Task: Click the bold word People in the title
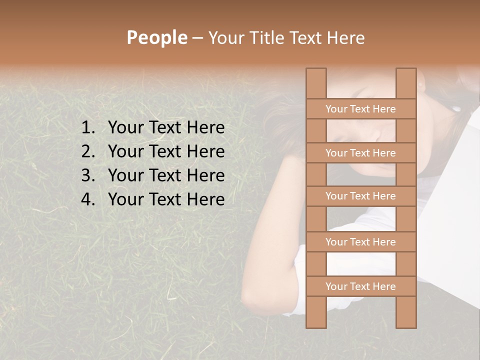coord(156,37)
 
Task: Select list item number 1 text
coord(166,128)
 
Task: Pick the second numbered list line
coord(166,151)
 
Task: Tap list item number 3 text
coord(166,175)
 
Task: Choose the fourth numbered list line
coord(166,199)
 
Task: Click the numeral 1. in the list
coord(88,128)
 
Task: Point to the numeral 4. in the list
coord(88,199)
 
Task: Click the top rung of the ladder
coord(360,109)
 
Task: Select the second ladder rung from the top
coord(360,153)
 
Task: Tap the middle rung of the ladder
coord(360,196)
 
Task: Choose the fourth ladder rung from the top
coord(360,242)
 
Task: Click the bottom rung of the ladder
coord(360,286)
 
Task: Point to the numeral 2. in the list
coord(88,151)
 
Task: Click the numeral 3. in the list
coord(88,175)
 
